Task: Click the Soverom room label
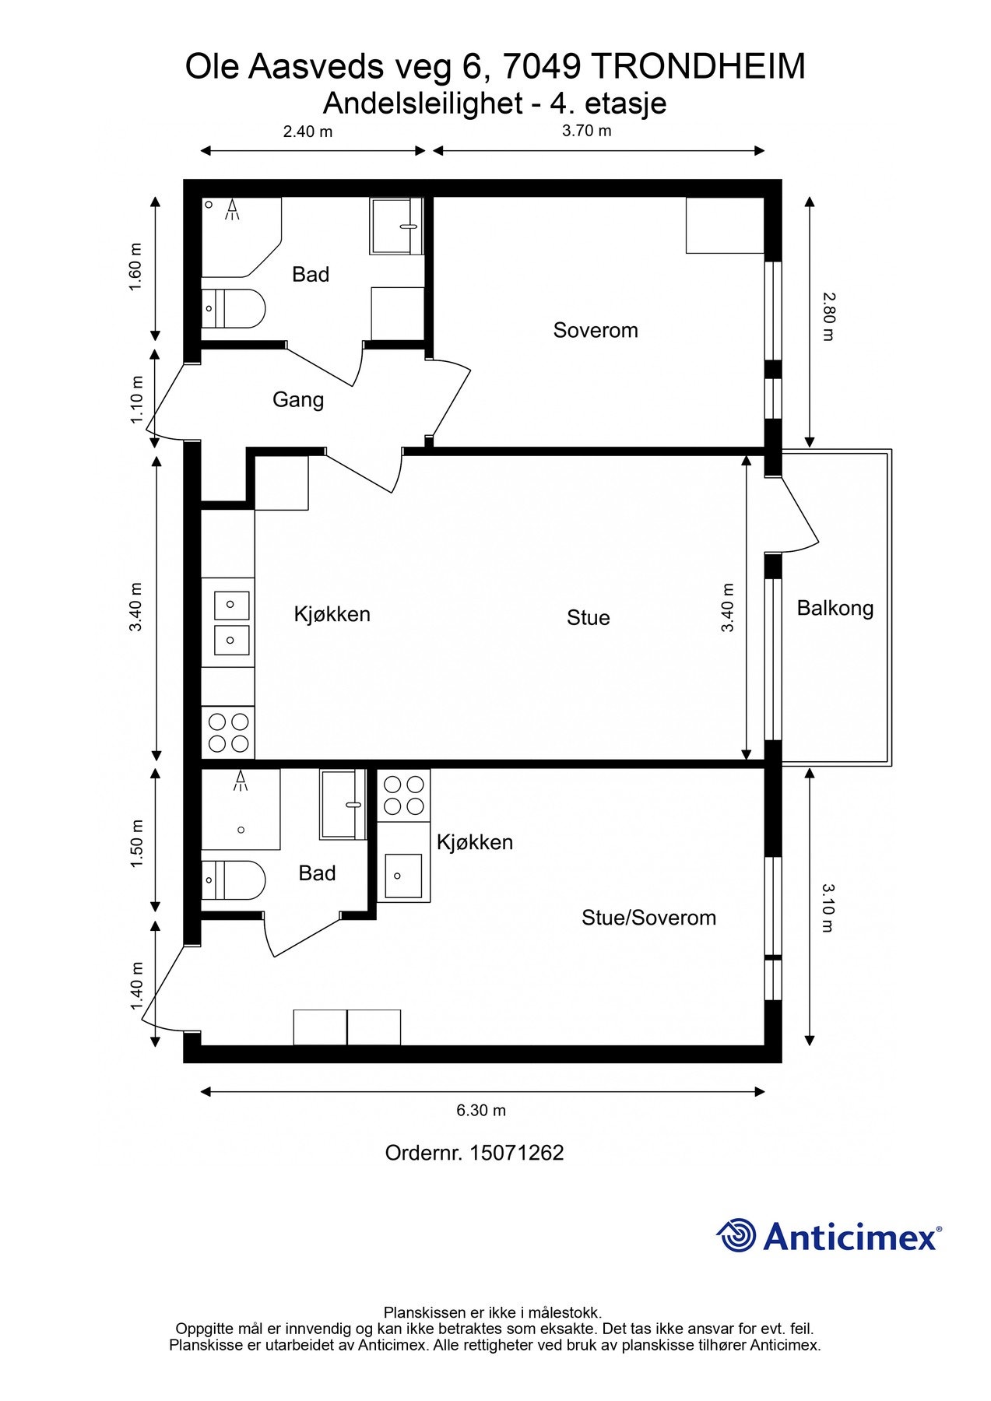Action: (x=596, y=330)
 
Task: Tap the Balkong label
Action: (x=835, y=609)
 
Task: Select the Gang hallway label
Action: (x=298, y=400)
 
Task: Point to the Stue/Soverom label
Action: (x=648, y=918)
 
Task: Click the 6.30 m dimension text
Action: (x=481, y=1110)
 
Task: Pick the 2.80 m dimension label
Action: (x=828, y=317)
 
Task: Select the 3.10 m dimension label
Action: (x=828, y=908)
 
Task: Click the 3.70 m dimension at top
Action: (x=587, y=131)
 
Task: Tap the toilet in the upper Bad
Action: (x=234, y=308)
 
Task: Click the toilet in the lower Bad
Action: (x=234, y=880)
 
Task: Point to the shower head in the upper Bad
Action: (x=232, y=209)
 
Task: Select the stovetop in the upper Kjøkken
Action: (x=228, y=732)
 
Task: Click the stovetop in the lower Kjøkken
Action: (x=404, y=795)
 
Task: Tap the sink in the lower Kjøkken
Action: (x=403, y=875)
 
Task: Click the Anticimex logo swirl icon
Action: (x=736, y=1235)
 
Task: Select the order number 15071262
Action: (x=516, y=1153)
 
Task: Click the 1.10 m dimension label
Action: (x=137, y=400)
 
